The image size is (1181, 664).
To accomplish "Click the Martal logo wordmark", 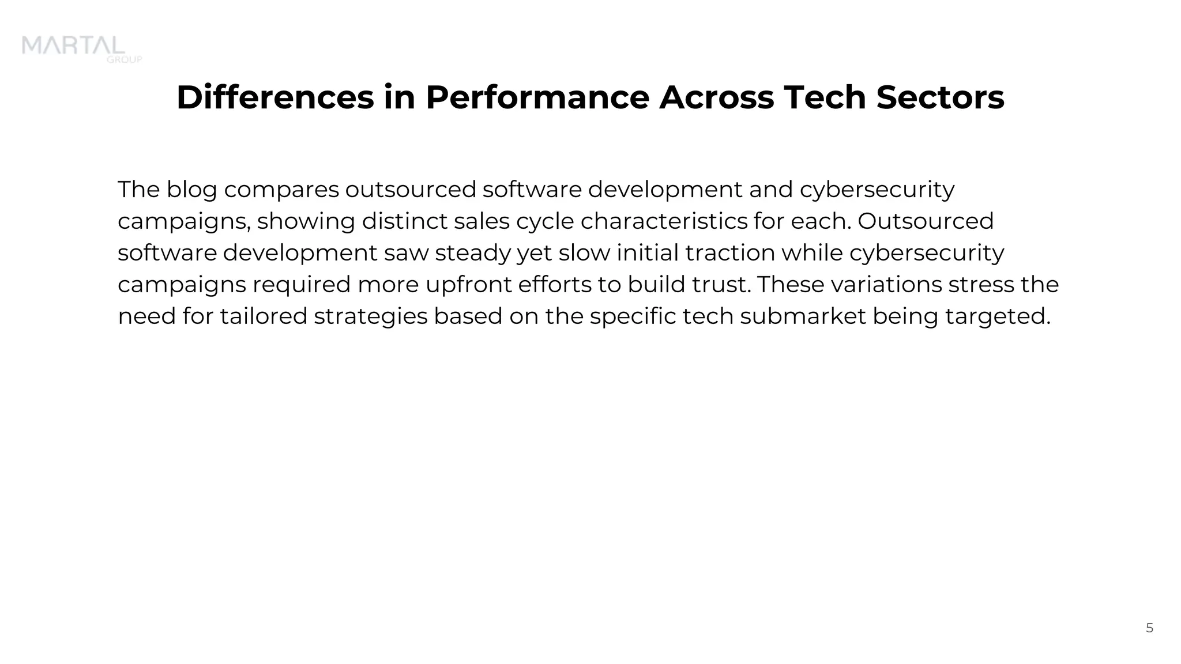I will pyautogui.click(x=73, y=46).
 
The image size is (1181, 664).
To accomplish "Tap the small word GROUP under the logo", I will pyautogui.click(x=125, y=59).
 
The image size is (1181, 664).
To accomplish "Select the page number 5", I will pyautogui.click(x=1149, y=628).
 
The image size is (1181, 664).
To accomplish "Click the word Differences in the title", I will pyautogui.click(x=275, y=97).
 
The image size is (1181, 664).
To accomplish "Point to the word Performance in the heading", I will pyautogui.click(x=537, y=97).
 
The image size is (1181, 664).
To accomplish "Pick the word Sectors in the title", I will pyautogui.click(x=940, y=97).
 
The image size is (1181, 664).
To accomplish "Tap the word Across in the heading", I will pyautogui.click(x=716, y=97).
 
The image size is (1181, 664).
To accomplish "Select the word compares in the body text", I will pyautogui.click(x=281, y=190).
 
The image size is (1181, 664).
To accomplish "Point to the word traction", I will pyautogui.click(x=730, y=253).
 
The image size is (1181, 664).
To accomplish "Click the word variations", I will pyautogui.click(x=886, y=285).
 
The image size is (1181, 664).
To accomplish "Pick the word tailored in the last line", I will pyautogui.click(x=264, y=316).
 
